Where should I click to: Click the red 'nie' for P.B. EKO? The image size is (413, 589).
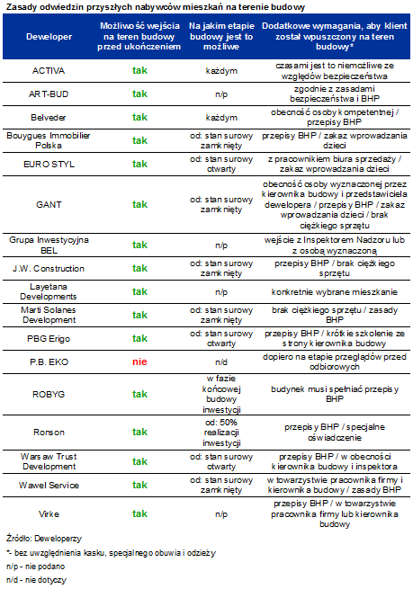[139, 361]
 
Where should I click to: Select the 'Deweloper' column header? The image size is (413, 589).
[49, 37]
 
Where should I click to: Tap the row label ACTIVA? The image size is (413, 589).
[49, 71]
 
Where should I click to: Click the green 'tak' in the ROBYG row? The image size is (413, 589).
[139, 394]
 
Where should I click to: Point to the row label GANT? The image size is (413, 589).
[49, 204]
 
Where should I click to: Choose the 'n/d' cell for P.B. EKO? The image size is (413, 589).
[221, 362]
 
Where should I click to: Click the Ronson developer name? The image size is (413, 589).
[49, 432]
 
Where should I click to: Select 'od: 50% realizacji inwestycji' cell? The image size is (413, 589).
[221, 433]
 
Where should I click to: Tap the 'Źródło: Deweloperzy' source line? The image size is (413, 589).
[43, 539]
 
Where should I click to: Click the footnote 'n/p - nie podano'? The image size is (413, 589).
[35, 567]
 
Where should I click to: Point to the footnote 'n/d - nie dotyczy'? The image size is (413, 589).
[36, 580]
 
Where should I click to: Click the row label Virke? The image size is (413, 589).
[49, 513]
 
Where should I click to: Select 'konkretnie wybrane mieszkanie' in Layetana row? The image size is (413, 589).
[335, 292]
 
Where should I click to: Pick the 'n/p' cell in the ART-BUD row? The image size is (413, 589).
[221, 94]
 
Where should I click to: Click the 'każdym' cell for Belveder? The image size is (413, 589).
[221, 118]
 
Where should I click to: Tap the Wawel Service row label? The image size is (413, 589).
[49, 485]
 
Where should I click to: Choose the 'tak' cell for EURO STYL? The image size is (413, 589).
[139, 164]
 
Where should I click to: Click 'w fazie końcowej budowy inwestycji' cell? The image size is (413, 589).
[221, 394]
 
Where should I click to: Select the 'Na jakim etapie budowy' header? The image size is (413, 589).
[221, 37]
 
